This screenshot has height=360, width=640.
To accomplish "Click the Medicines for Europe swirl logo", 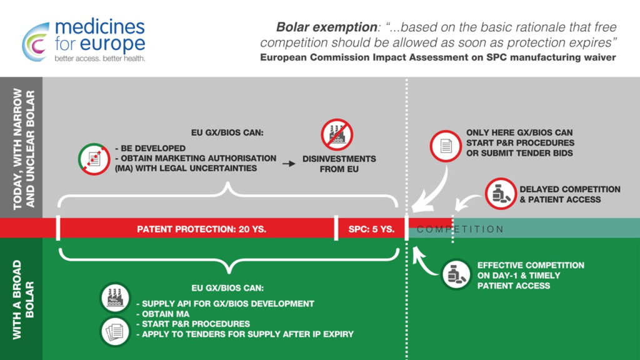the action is point(36,42).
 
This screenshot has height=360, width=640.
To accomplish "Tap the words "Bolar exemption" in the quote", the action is point(326,27).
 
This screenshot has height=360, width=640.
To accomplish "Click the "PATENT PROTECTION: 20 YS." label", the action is point(202,229).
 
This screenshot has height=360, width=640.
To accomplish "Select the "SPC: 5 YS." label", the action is point(371,229).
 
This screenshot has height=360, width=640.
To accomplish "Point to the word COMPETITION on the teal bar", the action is point(461,229).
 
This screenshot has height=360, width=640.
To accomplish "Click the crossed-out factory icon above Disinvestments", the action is point(337,135).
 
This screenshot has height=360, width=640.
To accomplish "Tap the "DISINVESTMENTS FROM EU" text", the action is point(339,164).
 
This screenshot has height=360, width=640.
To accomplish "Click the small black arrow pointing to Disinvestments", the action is point(289,164).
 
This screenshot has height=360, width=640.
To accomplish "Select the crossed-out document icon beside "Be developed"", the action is point(94,159).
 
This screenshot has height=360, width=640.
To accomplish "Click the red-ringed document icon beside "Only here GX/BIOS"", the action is point(446,146).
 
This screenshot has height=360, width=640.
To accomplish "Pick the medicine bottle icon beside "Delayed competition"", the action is point(501,194).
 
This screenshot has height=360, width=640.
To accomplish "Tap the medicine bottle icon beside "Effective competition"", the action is point(456,274).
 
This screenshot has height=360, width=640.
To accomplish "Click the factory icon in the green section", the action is point(115,297).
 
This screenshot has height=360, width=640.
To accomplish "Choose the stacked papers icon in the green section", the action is point(115,331).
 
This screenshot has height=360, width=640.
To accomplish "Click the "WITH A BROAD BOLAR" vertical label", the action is point(23,300).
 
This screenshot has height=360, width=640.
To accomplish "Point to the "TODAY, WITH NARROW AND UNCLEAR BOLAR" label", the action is point(24,149).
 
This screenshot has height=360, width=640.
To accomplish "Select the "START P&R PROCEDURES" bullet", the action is point(193,324).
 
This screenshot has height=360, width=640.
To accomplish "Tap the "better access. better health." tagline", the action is point(100,58).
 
